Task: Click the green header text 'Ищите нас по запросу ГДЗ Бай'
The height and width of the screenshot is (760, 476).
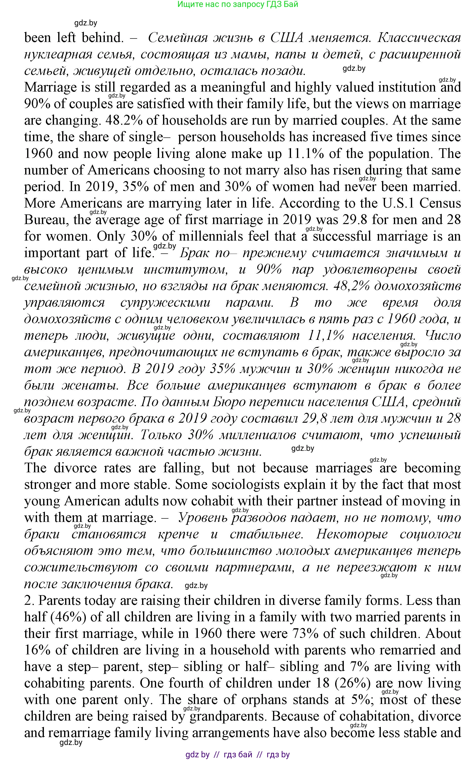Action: pyautogui.click(x=238, y=4)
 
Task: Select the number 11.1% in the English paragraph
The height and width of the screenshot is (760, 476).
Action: pyautogui.click(x=306, y=154)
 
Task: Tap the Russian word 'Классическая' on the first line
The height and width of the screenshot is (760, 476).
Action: pyautogui.click(x=419, y=38)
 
